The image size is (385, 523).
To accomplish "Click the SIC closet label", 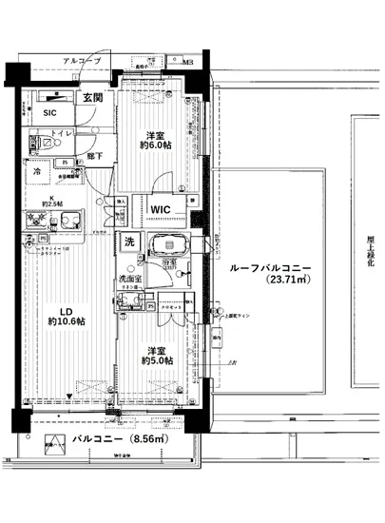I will click(49, 112).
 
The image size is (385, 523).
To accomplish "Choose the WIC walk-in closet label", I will click(159, 209).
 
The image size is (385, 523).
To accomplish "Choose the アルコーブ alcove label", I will click(82, 63).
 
